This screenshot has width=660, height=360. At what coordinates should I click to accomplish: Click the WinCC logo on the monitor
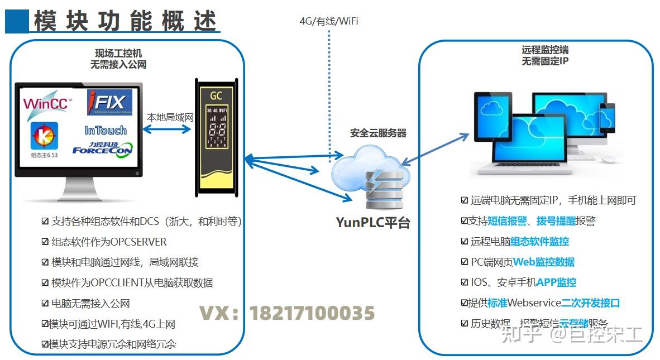pos(47,104)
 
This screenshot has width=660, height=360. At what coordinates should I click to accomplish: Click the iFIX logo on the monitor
pos(109,102)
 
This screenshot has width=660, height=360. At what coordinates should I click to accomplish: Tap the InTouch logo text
pos(106,130)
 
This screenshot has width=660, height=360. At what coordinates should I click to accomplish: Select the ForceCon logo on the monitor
pos(102,150)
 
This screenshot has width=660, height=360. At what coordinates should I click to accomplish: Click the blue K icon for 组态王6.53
pos(40,136)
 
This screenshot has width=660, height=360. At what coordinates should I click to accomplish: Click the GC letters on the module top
pos(216,95)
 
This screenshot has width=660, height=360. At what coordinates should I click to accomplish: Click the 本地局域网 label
pos(170,118)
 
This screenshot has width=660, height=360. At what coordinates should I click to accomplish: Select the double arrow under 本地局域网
pos(167,129)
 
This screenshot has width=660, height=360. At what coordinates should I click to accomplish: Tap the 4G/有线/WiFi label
pos(329,21)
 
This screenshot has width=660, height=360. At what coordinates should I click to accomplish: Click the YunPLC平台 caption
pos(373,222)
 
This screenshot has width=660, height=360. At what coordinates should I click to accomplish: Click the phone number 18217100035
pos(312,313)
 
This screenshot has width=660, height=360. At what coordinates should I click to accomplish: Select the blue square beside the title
pos(17,21)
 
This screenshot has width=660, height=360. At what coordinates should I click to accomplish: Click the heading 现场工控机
pos(118,54)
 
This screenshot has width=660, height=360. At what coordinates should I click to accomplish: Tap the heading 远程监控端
pos(545,50)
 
